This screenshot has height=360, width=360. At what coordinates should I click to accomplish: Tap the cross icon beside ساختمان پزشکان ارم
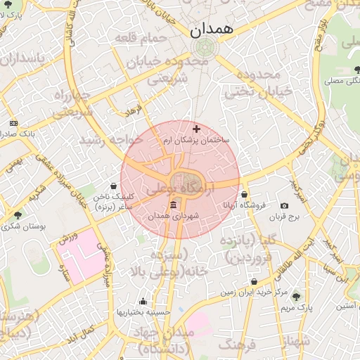click(x=196, y=129)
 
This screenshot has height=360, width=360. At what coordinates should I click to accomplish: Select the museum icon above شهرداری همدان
click(x=174, y=205)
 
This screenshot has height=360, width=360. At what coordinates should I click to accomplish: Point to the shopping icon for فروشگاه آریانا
click(x=244, y=194)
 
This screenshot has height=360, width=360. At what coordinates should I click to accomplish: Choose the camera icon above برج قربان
click(x=284, y=206)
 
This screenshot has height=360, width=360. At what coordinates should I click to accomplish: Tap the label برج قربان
click(x=284, y=217)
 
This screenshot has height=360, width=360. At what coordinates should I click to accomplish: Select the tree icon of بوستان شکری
click(x=18, y=215)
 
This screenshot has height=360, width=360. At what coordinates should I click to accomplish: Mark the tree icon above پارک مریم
click(x=295, y=296)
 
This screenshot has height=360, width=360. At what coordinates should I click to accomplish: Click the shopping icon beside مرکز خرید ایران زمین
click(x=254, y=282)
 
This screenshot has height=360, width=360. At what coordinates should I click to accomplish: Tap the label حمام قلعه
click(x=144, y=37)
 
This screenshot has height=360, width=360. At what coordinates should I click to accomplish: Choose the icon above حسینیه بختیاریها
click(x=143, y=301)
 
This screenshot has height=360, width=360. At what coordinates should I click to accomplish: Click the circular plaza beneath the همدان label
click(x=205, y=48)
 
